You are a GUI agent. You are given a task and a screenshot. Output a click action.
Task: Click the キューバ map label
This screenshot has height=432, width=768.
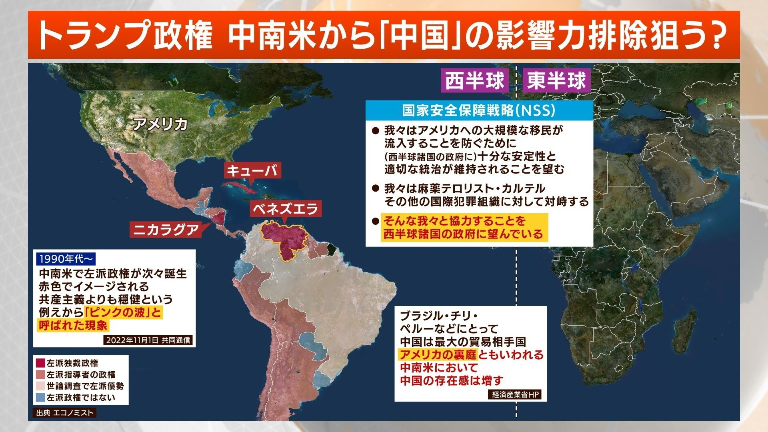[252, 171]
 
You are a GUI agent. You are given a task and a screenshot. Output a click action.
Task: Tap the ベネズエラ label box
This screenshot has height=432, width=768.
[285, 208]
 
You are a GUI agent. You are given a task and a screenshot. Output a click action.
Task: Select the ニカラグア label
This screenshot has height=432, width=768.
[166, 230]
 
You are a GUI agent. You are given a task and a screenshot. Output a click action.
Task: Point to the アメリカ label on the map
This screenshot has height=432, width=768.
[160, 124]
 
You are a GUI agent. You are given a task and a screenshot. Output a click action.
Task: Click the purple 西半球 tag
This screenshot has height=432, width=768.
[475, 81]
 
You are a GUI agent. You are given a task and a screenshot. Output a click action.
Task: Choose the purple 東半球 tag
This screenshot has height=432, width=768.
[556, 81]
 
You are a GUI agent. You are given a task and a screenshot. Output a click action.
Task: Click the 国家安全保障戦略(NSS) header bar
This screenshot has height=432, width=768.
[479, 110]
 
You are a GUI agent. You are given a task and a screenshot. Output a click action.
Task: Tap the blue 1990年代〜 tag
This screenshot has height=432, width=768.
[66, 259]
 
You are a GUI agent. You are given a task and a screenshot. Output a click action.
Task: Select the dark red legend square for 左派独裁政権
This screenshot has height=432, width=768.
[40, 363]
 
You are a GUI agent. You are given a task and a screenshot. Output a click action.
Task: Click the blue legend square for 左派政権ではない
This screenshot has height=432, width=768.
[40, 398]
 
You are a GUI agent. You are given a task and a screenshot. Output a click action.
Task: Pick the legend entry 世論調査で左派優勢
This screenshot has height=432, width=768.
[85, 386]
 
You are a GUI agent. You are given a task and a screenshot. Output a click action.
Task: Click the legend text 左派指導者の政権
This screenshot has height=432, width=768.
[81, 375]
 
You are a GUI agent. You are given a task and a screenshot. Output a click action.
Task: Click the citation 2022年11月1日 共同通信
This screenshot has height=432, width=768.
[148, 340]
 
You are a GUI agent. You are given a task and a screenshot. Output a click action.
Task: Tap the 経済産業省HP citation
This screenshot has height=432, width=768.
[516, 394]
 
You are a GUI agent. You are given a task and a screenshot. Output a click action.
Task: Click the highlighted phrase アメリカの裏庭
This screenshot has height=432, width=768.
[438, 355]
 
